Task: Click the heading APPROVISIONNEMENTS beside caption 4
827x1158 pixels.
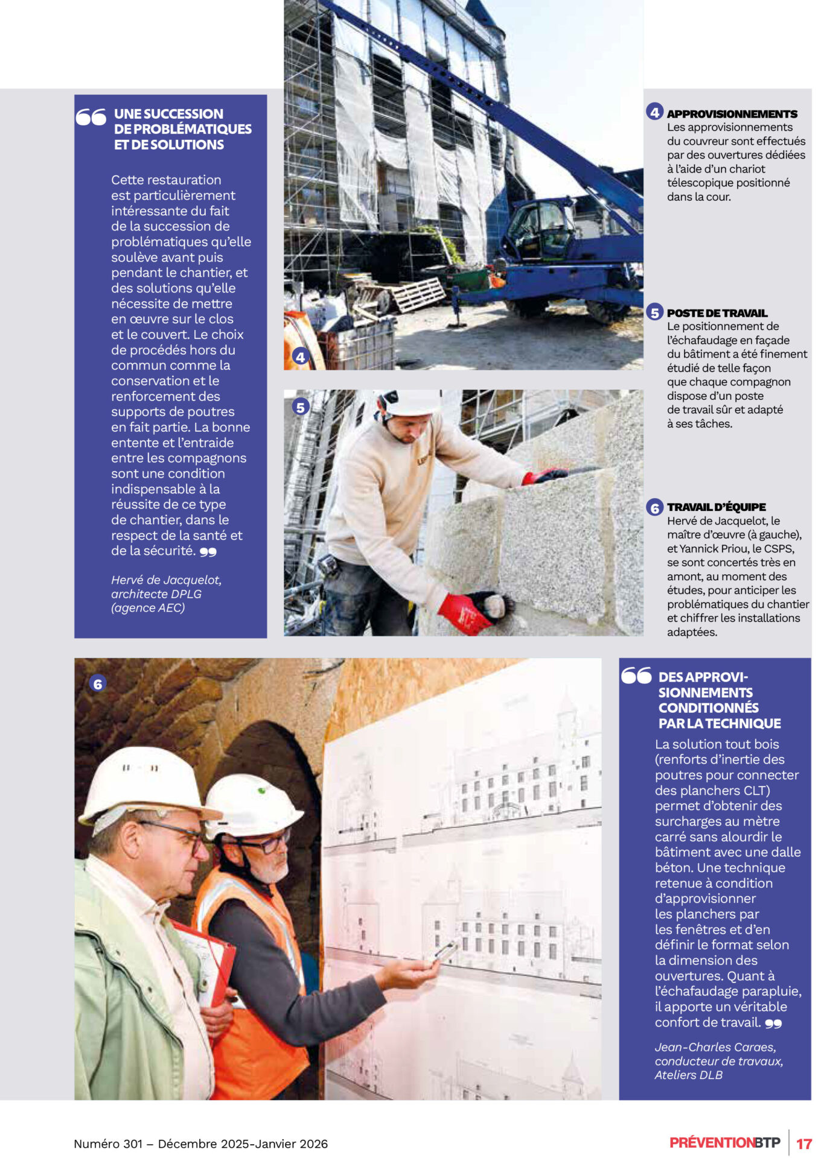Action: click(x=732, y=114)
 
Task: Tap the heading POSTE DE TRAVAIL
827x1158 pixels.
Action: click(x=717, y=313)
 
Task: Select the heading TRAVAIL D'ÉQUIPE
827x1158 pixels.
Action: click(x=716, y=507)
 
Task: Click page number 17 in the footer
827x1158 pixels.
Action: click(x=804, y=1144)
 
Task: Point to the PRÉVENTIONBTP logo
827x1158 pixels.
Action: click(x=724, y=1142)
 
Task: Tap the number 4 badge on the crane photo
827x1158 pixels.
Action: click(x=300, y=357)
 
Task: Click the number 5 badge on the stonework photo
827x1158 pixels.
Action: click(x=300, y=407)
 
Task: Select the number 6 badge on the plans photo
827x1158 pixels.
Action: click(x=97, y=684)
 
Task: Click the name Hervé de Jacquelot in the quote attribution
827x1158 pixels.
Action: click(x=166, y=580)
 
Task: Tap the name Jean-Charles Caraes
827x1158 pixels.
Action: click(x=715, y=1047)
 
